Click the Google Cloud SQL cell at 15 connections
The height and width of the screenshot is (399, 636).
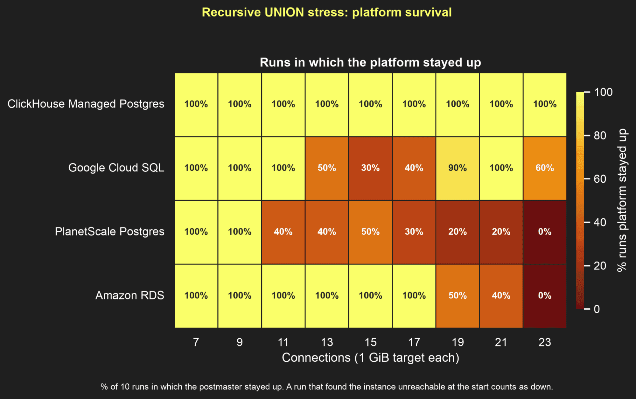[370, 168]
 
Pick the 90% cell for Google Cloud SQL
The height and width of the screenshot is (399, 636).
[458, 168]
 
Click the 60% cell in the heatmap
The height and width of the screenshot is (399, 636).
[545, 168]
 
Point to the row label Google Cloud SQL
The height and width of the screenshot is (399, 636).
[116, 168]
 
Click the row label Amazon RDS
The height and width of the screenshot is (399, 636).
[130, 295]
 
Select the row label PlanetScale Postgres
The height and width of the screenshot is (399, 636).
[109, 232]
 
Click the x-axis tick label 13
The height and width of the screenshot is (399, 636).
[327, 342]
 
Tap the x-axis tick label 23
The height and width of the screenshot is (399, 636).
[545, 342]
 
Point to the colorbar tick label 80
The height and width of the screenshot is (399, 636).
[600, 136]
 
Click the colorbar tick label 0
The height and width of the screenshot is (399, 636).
[597, 309]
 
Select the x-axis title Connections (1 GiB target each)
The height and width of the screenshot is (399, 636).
[371, 358]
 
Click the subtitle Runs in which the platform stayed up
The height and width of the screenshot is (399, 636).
[370, 62]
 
